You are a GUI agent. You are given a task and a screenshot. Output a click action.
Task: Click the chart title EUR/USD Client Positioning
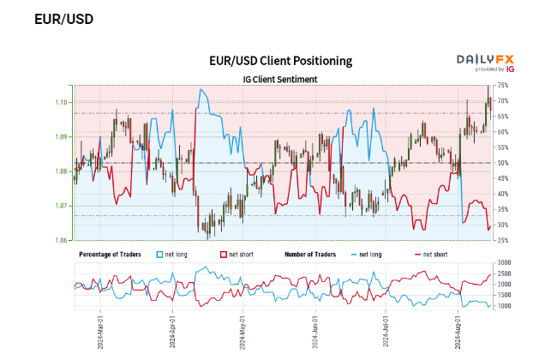280,61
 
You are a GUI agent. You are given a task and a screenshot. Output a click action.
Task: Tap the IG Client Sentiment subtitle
280,79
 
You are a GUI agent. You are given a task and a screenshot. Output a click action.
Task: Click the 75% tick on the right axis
503,85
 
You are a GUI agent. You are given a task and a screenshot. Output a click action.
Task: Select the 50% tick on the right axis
503,163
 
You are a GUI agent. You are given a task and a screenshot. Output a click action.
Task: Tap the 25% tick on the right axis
503,240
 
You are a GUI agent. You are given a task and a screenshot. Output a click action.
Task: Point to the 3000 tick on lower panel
505,262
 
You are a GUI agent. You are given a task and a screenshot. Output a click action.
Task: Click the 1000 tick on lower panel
505,305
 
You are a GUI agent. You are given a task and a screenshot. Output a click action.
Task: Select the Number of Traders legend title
313,255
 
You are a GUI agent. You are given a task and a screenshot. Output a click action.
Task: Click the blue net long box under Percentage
160,255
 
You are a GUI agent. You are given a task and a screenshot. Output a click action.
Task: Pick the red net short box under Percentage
225,255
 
